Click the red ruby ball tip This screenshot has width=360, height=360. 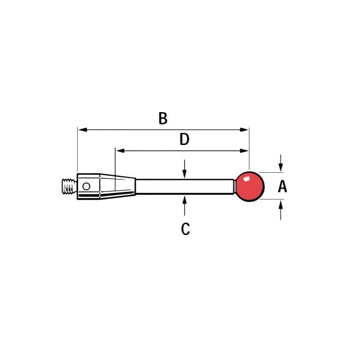click(x=250, y=186)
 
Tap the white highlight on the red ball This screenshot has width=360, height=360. click(x=246, y=179)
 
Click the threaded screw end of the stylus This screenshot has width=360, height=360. click(x=69, y=186)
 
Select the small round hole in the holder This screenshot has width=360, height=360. click(x=86, y=186)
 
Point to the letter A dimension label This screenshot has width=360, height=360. click(x=282, y=186)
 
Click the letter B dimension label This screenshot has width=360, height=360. click(x=163, y=118)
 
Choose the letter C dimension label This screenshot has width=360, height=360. click(x=186, y=229)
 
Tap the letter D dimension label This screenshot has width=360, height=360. click(x=184, y=139)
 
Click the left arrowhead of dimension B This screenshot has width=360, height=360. click(x=83, y=130)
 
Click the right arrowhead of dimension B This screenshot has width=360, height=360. click(x=244, y=130)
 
